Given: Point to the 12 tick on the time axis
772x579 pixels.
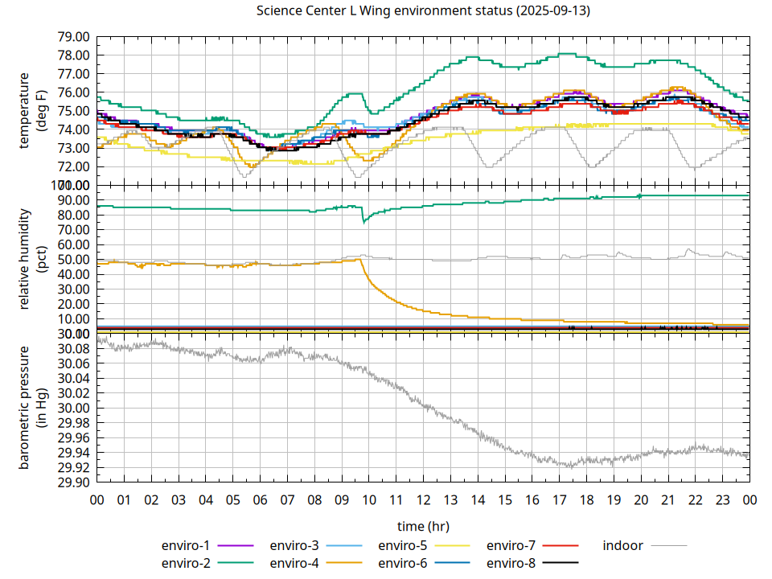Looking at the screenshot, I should click(x=424, y=499).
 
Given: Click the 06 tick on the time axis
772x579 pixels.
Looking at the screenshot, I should click(x=260, y=499).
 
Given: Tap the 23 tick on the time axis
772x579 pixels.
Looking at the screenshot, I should click(x=722, y=499).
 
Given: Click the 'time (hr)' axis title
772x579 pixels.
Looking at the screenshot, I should click(x=423, y=526).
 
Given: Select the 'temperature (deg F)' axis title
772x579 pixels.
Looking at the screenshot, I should click(x=31, y=111).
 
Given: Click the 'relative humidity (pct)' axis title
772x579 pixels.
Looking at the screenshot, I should click(x=31, y=259).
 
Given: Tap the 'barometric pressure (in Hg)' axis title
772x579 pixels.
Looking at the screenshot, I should click(x=31, y=409).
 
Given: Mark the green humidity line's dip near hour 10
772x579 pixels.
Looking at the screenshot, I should click(x=364, y=221).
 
